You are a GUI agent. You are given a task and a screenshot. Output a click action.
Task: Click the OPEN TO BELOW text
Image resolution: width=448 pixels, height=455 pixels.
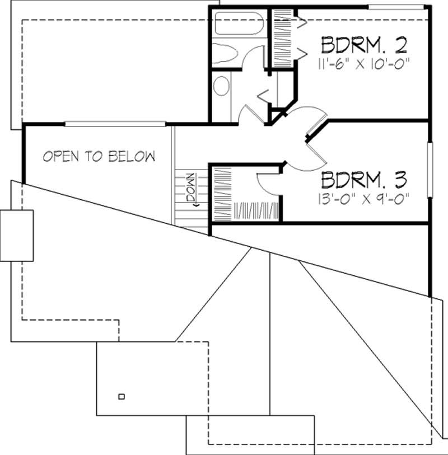click(x=99, y=157)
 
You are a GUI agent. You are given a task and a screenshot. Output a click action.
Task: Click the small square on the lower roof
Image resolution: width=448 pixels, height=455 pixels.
click(x=122, y=397)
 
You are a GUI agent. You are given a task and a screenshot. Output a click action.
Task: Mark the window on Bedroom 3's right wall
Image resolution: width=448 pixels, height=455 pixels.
click(x=430, y=169)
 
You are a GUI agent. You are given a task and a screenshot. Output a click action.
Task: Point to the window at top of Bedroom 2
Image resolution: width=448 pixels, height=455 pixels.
click(x=395, y=7)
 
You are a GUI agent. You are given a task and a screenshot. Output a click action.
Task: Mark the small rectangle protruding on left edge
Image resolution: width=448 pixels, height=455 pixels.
click(x=16, y=235)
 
